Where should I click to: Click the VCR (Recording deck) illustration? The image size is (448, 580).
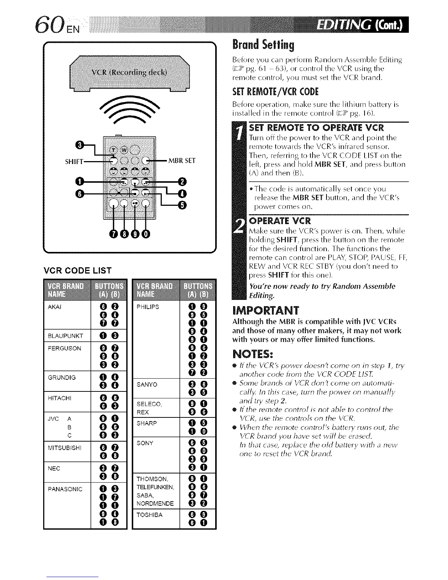coord(130,72)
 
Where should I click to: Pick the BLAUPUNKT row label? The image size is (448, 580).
coord(66,336)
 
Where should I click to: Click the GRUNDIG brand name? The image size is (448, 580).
coord(62,377)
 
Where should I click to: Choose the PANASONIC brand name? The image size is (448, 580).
coord(65,489)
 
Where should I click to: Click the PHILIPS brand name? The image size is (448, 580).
coord(148,307)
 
